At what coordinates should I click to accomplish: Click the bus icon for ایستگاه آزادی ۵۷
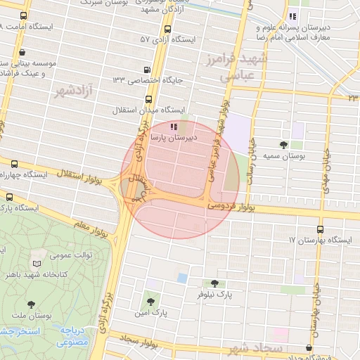click(x=167, y=30)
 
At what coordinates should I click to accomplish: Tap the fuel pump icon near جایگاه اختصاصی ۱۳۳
click(x=146, y=70)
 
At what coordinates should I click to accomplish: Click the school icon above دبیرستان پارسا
click(x=174, y=126)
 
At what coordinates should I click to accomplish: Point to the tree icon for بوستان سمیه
click(x=283, y=144)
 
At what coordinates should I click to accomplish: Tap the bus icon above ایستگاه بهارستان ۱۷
click(x=321, y=229)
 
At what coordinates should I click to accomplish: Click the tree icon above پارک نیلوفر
click(x=214, y=283)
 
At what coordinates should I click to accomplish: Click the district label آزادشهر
click(x=77, y=90)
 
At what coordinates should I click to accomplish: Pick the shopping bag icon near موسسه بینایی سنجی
click(x=23, y=51)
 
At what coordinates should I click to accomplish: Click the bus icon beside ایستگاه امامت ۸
click(x=24, y=15)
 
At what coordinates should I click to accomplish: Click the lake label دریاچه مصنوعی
click(x=72, y=334)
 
